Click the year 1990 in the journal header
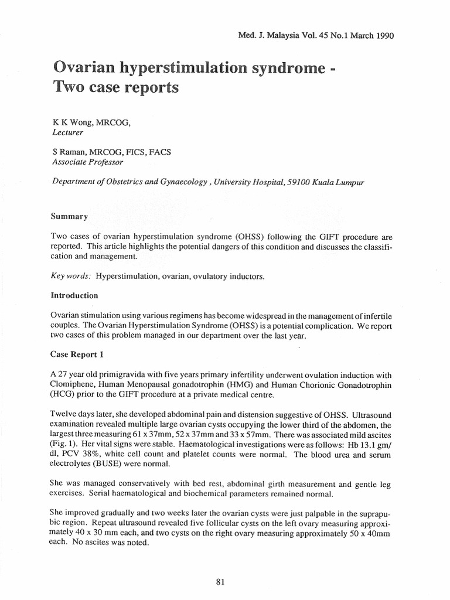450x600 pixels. [x=381, y=35]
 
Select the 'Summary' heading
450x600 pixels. [x=70, y=216]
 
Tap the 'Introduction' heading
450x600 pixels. [x=75, y=295]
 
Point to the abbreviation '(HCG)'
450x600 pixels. [x=65, y=396]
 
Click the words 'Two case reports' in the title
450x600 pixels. [x=115, y=88]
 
